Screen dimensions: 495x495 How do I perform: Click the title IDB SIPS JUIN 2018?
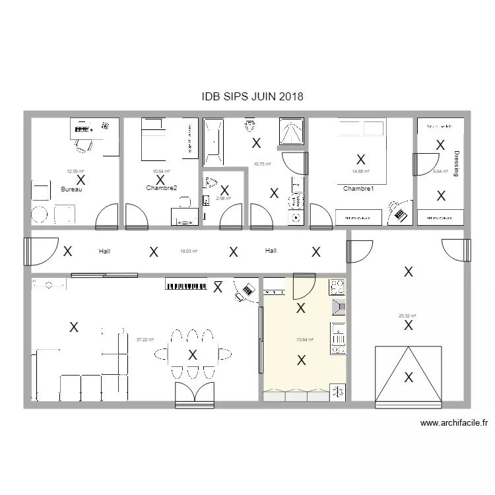click(x=253, y=96)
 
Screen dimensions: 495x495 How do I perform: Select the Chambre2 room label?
click(x=162, y=188)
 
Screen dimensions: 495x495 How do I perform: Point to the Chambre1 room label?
click(x=358, y=189)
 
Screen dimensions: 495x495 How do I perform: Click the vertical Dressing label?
click(x=456, y=164)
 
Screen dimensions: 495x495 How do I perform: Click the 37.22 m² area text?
click(x=145, y=340)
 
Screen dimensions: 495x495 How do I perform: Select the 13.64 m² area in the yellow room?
click(x=304, y=340)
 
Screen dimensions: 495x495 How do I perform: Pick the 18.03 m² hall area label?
click(x=189, y=251)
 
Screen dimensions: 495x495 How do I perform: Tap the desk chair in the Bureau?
click(x=82, y=145)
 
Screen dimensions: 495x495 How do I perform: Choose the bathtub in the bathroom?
click(x=213, y=140)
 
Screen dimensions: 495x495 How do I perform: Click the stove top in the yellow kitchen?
click(x=337, y=287)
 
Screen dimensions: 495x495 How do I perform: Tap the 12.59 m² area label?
click(x=75, y=172)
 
